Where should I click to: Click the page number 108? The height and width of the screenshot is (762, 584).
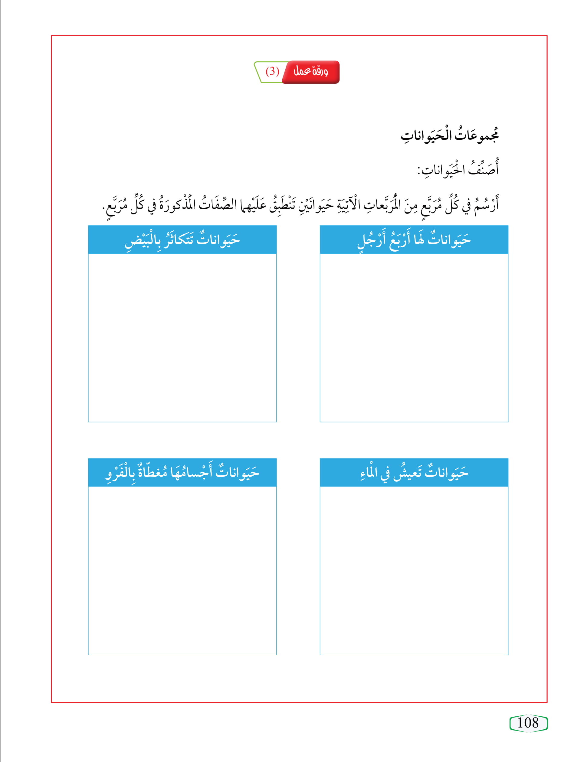(528, 723)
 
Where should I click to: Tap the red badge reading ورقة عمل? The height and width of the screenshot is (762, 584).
(311, 72)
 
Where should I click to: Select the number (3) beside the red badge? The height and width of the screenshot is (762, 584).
(272, 72)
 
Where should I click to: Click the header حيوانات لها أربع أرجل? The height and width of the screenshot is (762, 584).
(414, 240)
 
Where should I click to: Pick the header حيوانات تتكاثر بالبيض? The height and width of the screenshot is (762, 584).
(182, 240)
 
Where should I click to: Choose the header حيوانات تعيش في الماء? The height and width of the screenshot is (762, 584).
(414, 473)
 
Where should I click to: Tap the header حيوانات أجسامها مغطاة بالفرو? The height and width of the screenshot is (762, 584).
(182, 473)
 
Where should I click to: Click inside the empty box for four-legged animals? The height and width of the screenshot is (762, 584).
(414, 337)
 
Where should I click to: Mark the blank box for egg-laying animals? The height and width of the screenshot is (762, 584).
(182, 337)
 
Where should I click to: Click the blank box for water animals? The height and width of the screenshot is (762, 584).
(414, 570)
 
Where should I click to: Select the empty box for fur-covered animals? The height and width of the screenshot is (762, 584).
(182, 570)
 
